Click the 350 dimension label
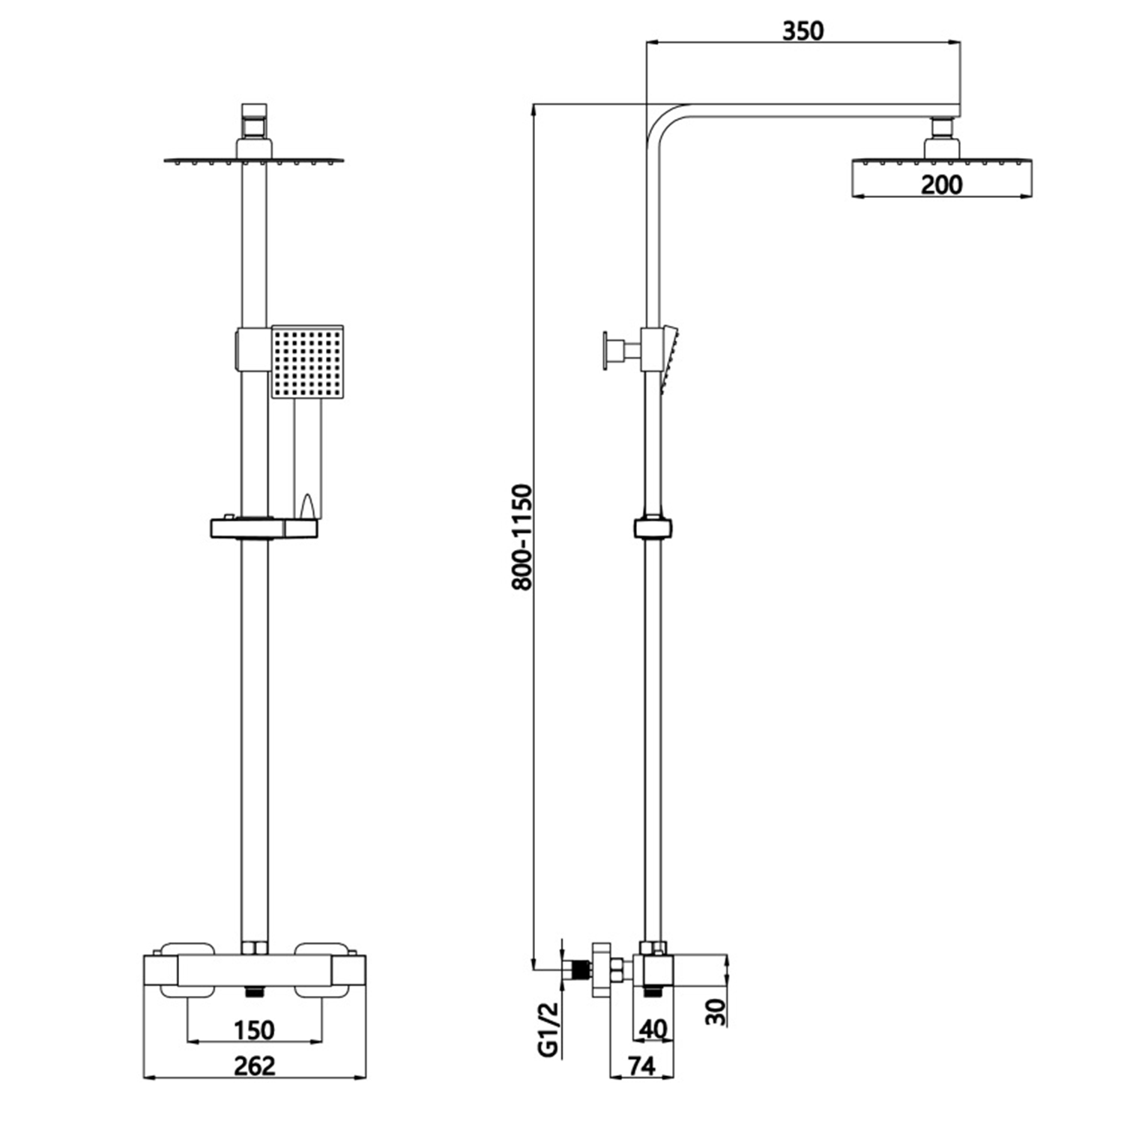click(x=803, y=31)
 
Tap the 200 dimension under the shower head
click(x=941, y=184)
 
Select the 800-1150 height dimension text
click(x=522, y=537)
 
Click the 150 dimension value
click(x=254, y=1030)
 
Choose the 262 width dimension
click(x=254, y=1065)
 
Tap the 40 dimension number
click(x=653, y=1029)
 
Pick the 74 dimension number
click(x=641, y=1065)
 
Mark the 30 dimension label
click(x=716, y=1012)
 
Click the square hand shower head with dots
click(x=307, y=363)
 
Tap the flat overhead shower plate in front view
click(x=253, y=160)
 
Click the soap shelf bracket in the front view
click(x=264, y=528)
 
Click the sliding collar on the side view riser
click(x=653, y=528)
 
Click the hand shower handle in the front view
click(x=307, y=457)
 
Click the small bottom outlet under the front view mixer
click(x=255, y=992)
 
